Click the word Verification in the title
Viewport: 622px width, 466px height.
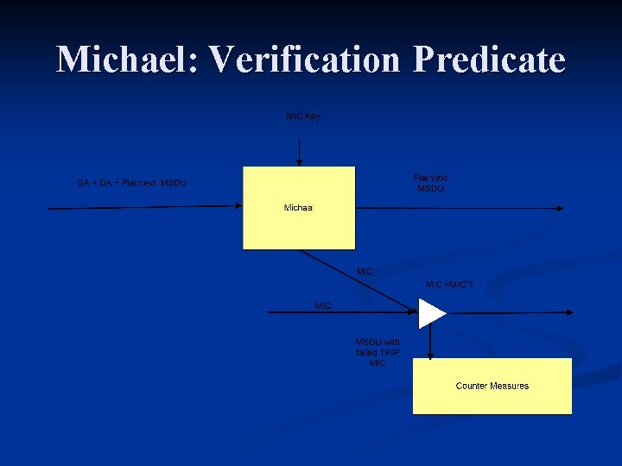pos(306,60)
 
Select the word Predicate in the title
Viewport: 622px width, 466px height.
pos(489,60)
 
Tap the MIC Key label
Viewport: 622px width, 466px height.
pos(303,116)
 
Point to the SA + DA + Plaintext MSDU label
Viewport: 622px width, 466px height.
pos(131,183)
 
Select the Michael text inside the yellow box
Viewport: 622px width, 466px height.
pos(299,208)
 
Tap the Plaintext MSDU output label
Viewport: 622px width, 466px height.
pos(430,183)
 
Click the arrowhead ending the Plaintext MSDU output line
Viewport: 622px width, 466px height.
pos(561,208)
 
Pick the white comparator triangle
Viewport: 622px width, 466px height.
pos(429,312)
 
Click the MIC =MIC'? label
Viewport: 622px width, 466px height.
pos(449,284)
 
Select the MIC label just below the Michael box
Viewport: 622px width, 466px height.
pos(365,271)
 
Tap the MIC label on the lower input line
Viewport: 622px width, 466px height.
pos(323,305)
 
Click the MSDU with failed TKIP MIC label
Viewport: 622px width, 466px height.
pos(378,352)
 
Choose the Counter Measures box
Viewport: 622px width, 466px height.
pos(492,386)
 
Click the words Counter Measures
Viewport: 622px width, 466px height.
pos(492,386)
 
